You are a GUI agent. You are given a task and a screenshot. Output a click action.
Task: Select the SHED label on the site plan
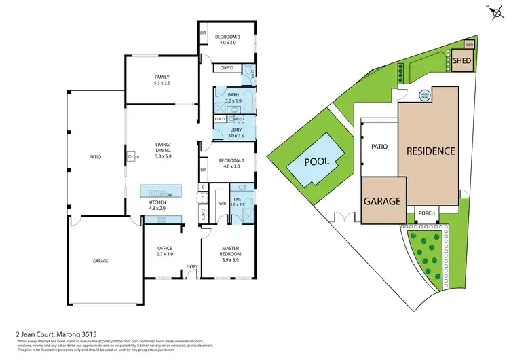click(462, 60)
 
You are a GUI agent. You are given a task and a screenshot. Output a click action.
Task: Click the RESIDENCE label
click(430, 151)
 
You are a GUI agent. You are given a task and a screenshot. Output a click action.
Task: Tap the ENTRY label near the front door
click(191, 266)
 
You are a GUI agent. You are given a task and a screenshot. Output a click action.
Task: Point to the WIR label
click(222, 203)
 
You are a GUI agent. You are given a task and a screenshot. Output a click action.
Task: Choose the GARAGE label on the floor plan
click(100, 261)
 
